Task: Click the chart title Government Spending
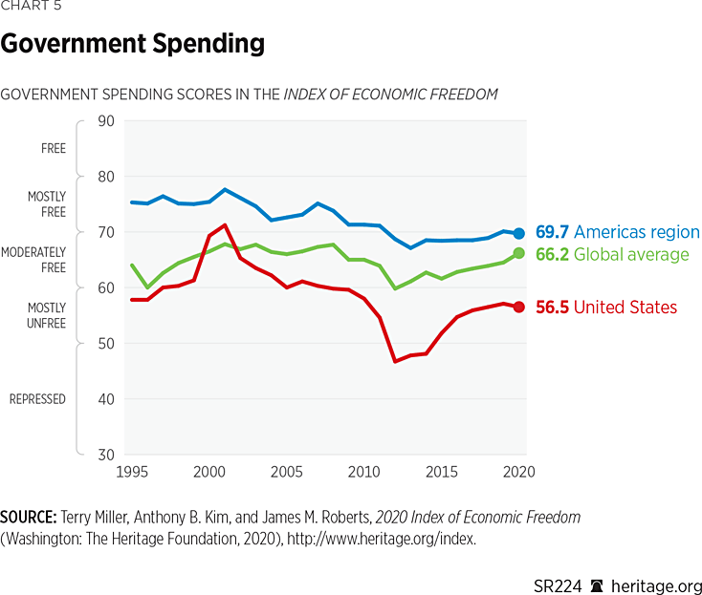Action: [x=133, y=44]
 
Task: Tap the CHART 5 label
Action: [x=31, y=7]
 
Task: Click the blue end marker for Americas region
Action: [x=519, y=233]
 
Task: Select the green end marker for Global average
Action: [x=519, y=253]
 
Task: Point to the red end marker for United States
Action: [x=519, y=307]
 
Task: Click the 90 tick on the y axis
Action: [x=105, y=121]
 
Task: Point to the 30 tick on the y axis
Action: [x=105, y=455]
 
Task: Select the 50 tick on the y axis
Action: [x=105, y=344]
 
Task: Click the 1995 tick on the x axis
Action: [x=132, y=472]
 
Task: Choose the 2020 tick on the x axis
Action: [x=517, y=472]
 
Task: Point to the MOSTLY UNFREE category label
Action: [x=46, y=316]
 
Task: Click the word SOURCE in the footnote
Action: [x=30, y=517]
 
